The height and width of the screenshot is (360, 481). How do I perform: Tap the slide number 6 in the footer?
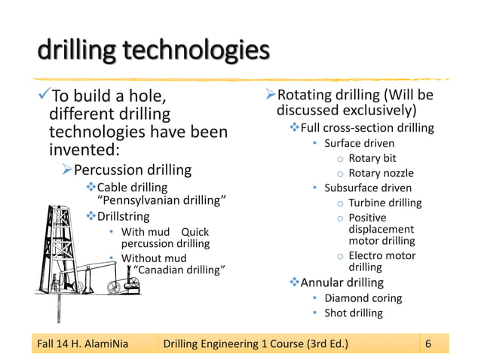point(428,345)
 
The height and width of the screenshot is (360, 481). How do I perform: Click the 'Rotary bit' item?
point(372,158)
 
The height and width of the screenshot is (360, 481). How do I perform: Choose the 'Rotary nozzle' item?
point(381,173)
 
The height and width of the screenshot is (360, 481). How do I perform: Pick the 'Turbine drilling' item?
point(384,203)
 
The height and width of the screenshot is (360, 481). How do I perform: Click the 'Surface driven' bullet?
point(359,143)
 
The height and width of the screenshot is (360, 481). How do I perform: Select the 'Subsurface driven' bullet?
point(368,188)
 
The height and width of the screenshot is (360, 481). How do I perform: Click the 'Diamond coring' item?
point(363,298)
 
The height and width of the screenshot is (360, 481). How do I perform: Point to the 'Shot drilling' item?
point(353,313)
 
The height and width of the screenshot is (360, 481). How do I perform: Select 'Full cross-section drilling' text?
point(367,127)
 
